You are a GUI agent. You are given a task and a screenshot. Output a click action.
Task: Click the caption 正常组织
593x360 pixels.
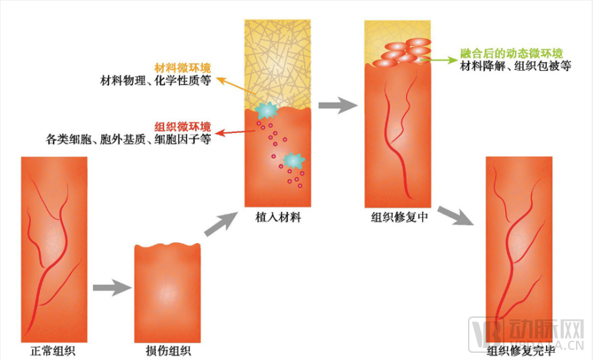pyautogui.click(x=53, y=351)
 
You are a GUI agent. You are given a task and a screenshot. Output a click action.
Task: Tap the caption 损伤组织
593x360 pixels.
pyautogui.click(x=168, y=351)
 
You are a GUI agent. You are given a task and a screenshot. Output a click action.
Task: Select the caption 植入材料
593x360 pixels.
pyautogui.click(x=278, y=217)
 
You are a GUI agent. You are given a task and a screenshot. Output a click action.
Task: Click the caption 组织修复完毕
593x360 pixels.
pyautogui.click(x=520, y=351)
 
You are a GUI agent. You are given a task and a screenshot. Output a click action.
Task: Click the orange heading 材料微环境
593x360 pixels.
pyautogui.click(x=183, y=68)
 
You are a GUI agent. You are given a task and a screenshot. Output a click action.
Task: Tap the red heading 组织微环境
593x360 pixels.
pyautogui.click(x=183, y=126)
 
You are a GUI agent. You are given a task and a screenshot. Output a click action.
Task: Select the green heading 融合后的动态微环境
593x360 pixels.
pyautogui.click(x=512, y=54)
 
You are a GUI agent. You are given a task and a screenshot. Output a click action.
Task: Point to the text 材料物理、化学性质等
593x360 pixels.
pyautogui.click(x=156, y=81)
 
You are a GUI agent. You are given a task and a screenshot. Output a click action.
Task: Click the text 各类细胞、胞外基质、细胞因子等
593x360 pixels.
pyautogui.click(x=128, y=139)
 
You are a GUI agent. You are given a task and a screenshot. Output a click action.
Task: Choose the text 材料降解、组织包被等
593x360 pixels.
pyautogui.click(x=515, y=66)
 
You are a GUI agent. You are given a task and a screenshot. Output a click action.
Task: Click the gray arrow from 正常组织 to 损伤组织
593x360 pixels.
pyautogui.click(x=112, y=288)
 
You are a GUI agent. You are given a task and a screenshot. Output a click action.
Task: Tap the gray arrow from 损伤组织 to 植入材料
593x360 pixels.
pyautogui.click(x=221, y=224)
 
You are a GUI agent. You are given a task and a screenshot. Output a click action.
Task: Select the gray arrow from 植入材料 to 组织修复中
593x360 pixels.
pyautogui.click(x=338, y=105)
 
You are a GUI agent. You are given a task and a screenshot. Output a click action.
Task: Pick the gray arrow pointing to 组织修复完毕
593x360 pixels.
pyautogui.click(x=455, y=216)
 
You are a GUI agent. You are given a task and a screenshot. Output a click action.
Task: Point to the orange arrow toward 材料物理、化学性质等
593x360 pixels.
pyautogui.click(x=236, y=86)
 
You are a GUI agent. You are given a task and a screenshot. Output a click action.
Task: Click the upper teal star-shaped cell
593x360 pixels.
pyautogui.click(x=266, y=110)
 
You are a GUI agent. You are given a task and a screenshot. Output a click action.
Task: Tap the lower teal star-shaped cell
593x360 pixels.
pyautogui.click(x=294, y=161)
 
